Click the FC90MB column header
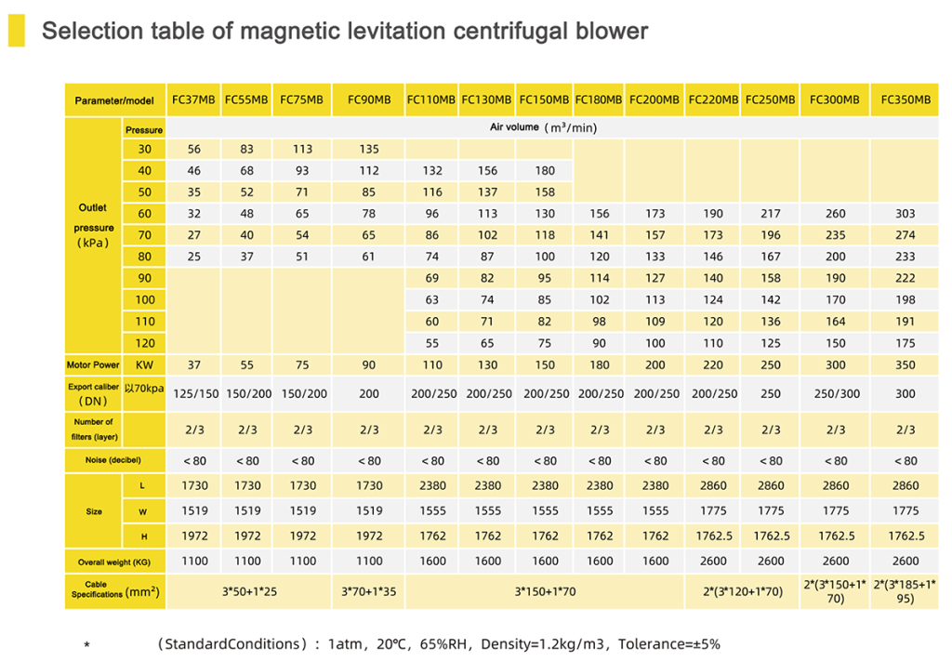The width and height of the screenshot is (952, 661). click(369, 99)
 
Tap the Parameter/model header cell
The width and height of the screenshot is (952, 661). click(114, 99)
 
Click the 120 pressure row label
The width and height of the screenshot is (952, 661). click(144, 343)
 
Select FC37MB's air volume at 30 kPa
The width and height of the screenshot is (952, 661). click(194, 150)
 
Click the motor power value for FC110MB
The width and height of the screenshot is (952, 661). click(432, 365)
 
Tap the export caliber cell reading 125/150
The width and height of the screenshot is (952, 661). click(194, 394)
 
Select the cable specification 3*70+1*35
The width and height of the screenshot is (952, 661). click(369, 592)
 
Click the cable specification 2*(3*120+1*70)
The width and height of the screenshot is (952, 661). click(741, 592)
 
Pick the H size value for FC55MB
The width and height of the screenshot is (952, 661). click(247, 535)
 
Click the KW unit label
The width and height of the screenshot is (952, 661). click(144, 365)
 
